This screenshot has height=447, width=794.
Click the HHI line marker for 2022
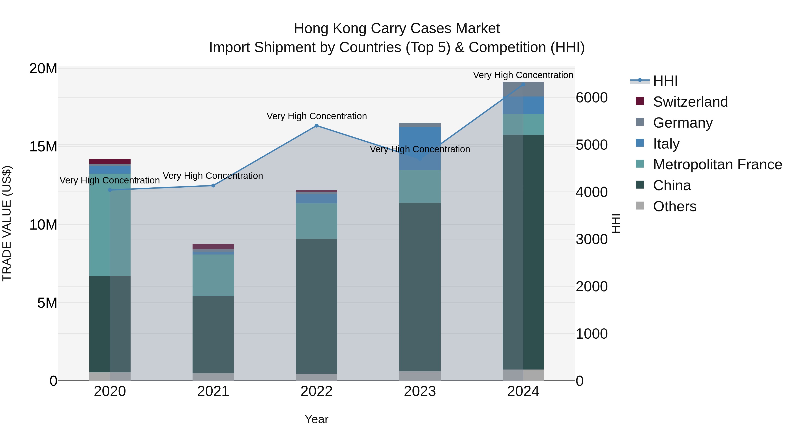[x=316, y=126]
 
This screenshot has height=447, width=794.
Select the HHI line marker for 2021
[x=213, y=185]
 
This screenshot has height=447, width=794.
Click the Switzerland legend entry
[x=690, y=102]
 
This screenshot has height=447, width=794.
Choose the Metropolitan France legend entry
[x=717, y=165]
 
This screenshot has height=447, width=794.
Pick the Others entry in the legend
[x=674, y=206]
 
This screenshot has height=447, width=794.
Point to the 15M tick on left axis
[x=43, y=147]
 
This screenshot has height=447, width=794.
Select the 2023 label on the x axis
[x=420, y=391]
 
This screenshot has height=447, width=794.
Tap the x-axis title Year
[x=316, y=419]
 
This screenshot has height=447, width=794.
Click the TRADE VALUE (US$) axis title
[x=7, y=223]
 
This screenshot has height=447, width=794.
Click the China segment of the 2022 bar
[x=316, y=306]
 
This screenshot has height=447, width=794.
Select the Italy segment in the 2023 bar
[x=420, y=148]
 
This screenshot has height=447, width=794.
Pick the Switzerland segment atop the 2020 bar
[x=110, y=161]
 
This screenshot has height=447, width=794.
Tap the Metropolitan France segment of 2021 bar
[x=213, y=275]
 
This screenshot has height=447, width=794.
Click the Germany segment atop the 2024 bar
[x=523, y=89]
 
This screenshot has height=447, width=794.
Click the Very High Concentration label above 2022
[x=316, y=116]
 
